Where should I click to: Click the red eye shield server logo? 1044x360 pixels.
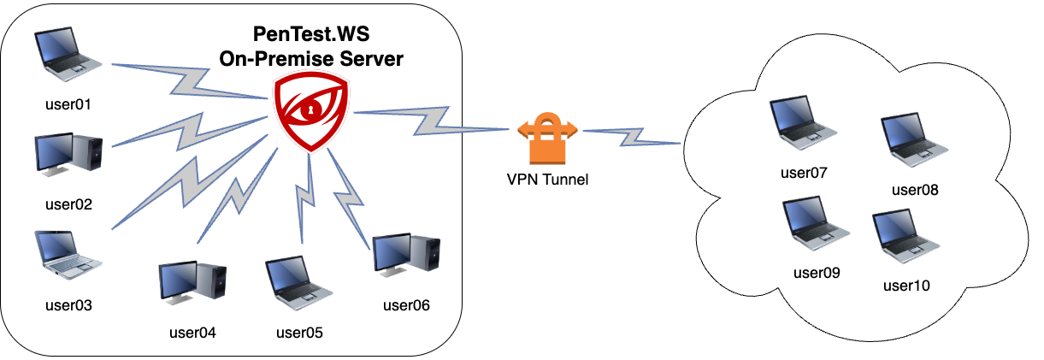pyautogui.click(x=311, y=112)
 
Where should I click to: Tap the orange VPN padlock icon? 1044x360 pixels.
pyautogui.click(x=547, y=138)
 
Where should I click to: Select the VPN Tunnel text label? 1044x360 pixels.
pyautogui.click(x=547, y=180)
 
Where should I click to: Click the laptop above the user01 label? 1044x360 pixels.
pyautogui.click(x=68, y=54)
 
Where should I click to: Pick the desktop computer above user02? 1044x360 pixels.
pyautogui.click(x=68, y=155)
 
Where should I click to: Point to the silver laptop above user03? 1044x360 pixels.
pyautogui.click(x=68, y=255)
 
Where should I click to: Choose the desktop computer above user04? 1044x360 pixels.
pyautogui.click(x=192, y=282)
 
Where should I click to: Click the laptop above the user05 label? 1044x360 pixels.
pyautogui.click(x=298, y=282)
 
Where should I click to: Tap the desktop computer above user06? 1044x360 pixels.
pyautogui.click(x=406, y=255)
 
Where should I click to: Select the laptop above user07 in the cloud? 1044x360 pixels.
pyautogui.click(x=803, y=122)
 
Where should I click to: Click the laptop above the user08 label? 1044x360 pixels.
pyautogui.click(x=914, y=139)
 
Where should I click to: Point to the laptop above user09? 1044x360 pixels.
pyautogui.click(x=816, y=223)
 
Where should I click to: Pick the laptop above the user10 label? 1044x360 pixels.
pyautogui.click(x=905, y=236)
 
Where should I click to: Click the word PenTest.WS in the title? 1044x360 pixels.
pyautogui.click(x=311, y=34)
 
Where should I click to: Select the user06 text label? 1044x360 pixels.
pyautogui.click(x=406, y=305)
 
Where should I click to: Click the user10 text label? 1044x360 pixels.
pyautogui.click(x=906, y=286)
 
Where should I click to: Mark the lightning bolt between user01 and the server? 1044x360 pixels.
pyautogui.click(x=190, y=82)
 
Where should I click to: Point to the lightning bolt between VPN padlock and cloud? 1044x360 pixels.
pyautogui.click(x=632, y=137)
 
